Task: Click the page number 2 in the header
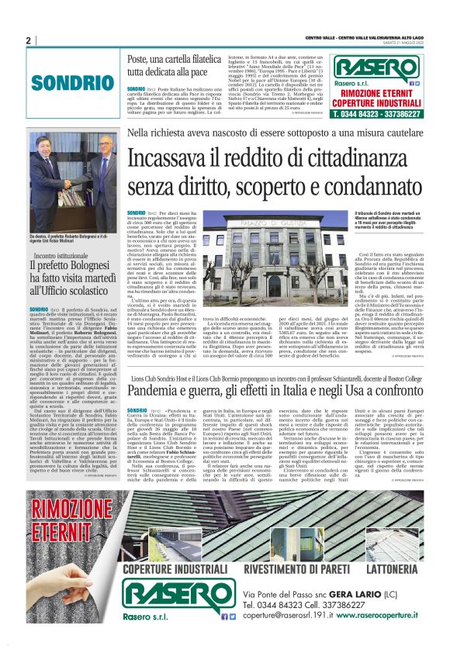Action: point(28,40)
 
